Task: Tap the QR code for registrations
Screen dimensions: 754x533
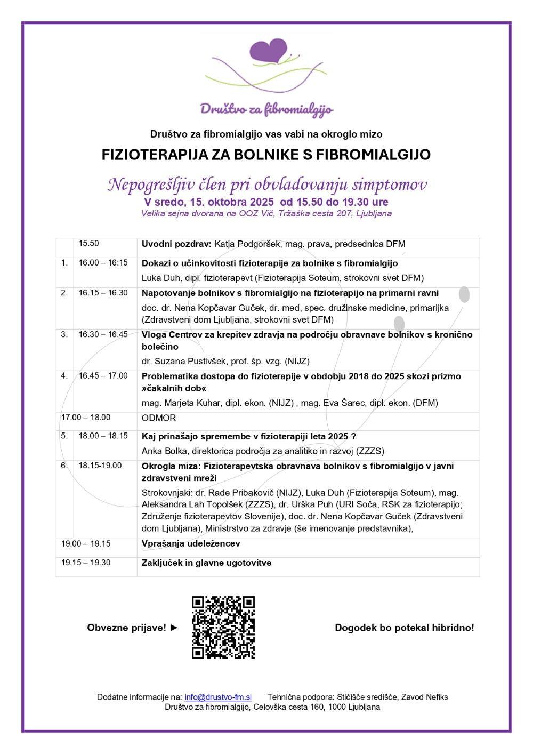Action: (x=223, y=627)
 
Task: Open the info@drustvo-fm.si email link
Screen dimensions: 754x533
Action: (x=218, y=697)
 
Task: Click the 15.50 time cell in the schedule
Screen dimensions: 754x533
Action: (x=89, y=244)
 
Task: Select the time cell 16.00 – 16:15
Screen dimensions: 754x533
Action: (x=103, y=263)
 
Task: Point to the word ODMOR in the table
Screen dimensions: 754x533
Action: (x=159, y=418)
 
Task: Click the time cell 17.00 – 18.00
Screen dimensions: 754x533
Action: (x=86, y=418)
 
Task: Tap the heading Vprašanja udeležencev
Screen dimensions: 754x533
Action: (x=191, y=543)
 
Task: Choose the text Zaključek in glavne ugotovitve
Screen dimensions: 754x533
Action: (x=206, y=563)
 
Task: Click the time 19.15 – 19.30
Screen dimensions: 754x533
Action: (x=86, y=563)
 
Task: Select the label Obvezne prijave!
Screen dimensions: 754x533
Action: (x=127, y=628)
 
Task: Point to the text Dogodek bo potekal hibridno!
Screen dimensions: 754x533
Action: (x=404, y=628)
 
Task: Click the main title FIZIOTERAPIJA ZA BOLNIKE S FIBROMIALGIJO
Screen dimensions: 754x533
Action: (x=266, y=155)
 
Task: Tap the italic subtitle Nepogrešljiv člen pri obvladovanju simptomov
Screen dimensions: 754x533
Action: (x=267, y=185)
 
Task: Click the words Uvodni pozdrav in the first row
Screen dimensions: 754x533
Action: (x=176, y=244)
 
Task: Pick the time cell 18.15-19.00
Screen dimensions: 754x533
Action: (x=100, y=466)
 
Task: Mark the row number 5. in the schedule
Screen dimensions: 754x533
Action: (x=64, y=436)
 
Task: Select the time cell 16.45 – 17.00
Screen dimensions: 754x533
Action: (x=103, y=376)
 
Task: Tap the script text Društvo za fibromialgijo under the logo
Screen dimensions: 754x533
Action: (x=266, y=109)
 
